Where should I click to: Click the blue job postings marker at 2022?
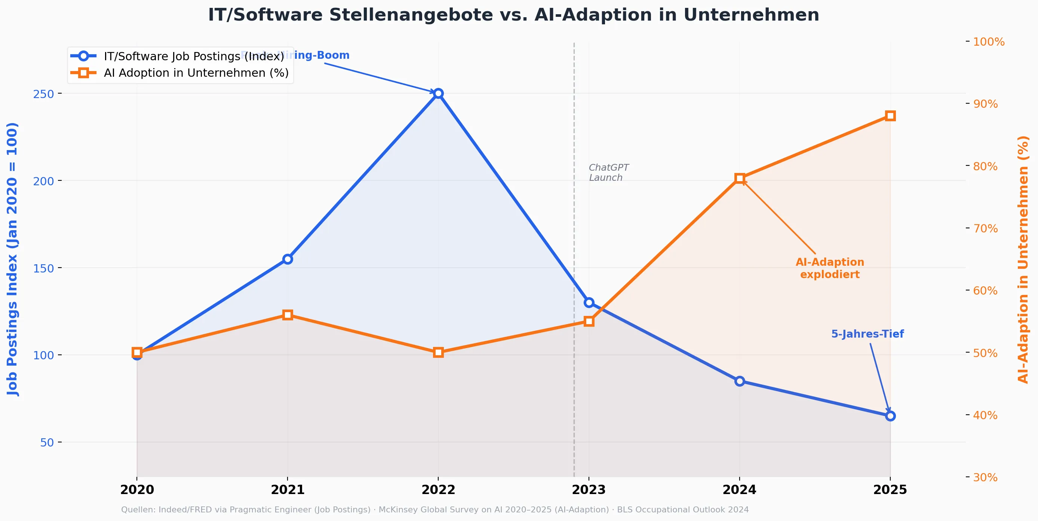coord(438,93)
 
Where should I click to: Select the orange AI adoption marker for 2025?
coord(890,116)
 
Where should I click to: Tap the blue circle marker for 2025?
coord(890,416)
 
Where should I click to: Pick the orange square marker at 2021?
coord(287,315)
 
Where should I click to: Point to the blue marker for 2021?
coord(287,259)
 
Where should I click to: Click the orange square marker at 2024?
coord(739,178)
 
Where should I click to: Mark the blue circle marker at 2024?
coord(739,381)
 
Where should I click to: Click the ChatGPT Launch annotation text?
coord(608,173)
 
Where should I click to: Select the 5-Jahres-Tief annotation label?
coord(867,334)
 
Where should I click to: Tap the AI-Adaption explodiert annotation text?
coord(830,268)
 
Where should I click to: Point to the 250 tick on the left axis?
coord(43,94)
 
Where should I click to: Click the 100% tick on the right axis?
coord(988,42)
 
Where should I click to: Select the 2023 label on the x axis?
coord(589,490)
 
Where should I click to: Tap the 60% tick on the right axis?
coord(985,291)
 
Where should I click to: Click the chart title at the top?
coord(513,15)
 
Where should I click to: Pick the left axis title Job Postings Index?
coord(12,259)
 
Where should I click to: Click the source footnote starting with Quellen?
coord(434,510)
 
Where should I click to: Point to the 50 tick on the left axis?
coord(47,442)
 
